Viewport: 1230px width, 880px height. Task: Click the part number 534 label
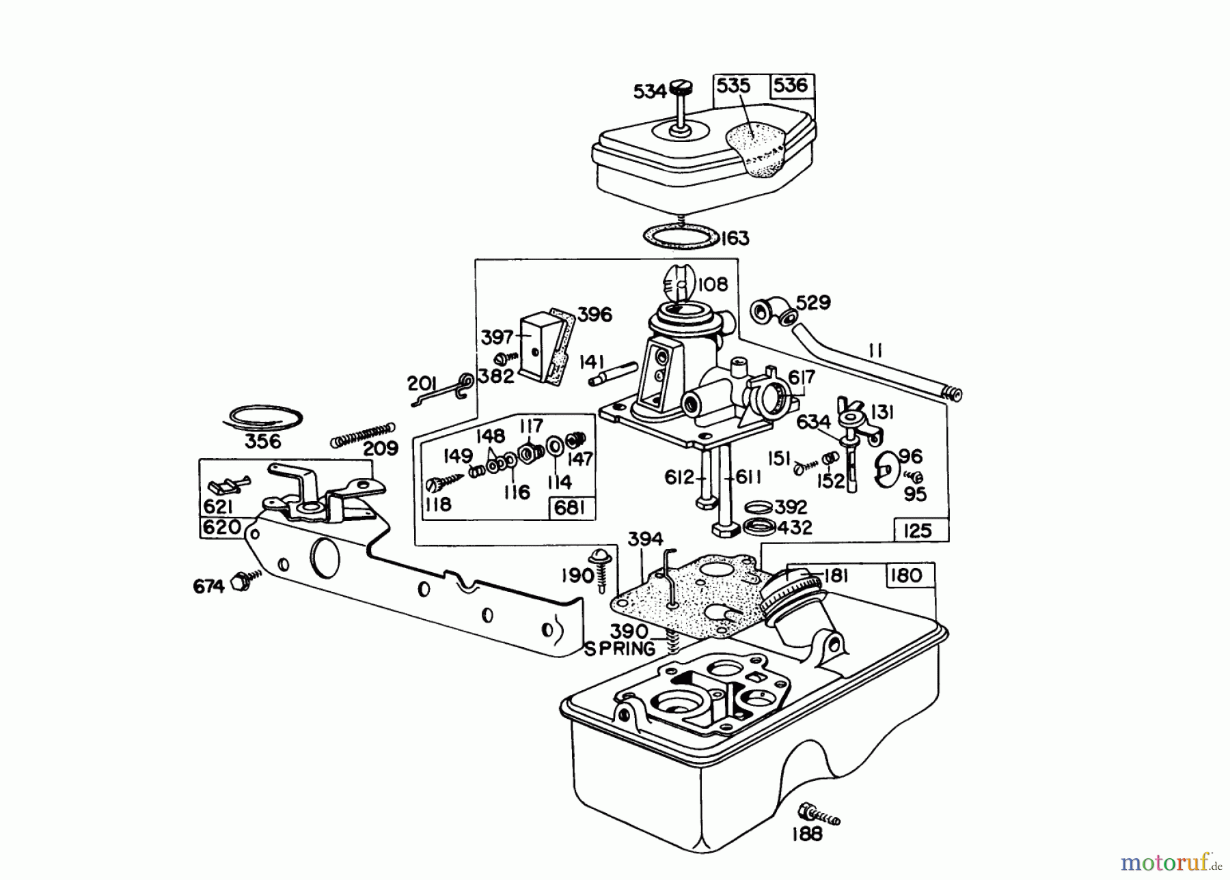(x=649, y=91)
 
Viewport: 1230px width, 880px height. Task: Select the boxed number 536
(x=791, y=85)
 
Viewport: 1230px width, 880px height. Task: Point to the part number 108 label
(x=713, y=284)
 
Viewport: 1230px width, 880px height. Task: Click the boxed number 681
(x=571, y=508)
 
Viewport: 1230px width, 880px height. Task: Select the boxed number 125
(x=917, y=530)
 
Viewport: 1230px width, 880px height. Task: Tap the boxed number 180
(x=906, y=576)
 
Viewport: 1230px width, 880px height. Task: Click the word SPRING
(x=619, y=649)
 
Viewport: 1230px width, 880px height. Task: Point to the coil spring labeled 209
(x=362, y=435)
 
